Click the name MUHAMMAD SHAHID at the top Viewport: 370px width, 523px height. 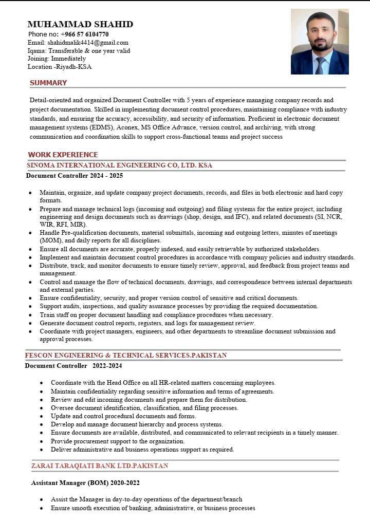[x=80, y=24]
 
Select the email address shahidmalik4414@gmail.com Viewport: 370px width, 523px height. [x=88, y=43]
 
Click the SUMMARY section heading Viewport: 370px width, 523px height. [x=48, y=83]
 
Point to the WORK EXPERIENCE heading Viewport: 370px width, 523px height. [x=63, y=155]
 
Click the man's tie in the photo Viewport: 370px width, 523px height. [x=320, y=65]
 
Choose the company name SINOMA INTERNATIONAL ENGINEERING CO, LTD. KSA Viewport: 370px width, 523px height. [x=119, y=165]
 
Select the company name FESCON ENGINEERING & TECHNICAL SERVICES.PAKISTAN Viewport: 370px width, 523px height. [x=126, y=356]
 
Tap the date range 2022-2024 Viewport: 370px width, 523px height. [x=107, y=366]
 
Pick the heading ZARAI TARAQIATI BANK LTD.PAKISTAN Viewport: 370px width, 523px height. [x=100, y=466]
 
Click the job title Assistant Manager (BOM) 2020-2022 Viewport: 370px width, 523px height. [x=85, y=483]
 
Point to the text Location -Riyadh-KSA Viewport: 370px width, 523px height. [x=60, y=67]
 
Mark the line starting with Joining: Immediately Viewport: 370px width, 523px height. [x=57, y=59]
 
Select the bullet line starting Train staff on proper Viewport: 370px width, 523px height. [x=156, y=315]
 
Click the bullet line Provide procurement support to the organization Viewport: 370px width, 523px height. [x=118, y=441]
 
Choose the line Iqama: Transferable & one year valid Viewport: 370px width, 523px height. [x=79, y=51]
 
